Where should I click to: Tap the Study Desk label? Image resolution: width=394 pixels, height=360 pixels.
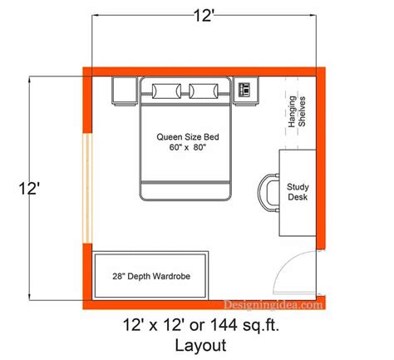coord(298,194)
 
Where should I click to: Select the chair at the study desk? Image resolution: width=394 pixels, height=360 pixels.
coord(269,193)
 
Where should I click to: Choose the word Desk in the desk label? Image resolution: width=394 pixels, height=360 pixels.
coord(298,200)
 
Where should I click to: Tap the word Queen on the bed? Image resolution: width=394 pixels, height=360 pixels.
coord(170,136)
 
